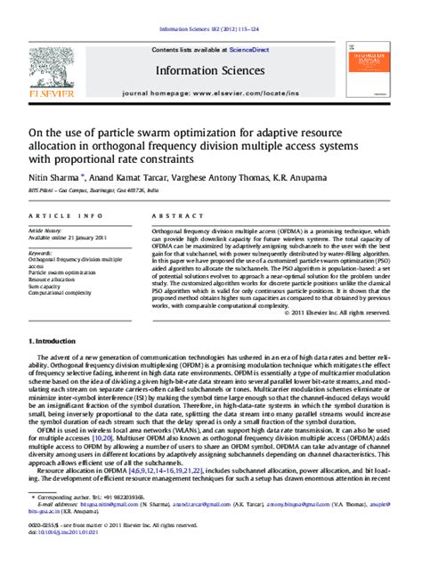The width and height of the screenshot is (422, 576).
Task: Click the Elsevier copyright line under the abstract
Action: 340,312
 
